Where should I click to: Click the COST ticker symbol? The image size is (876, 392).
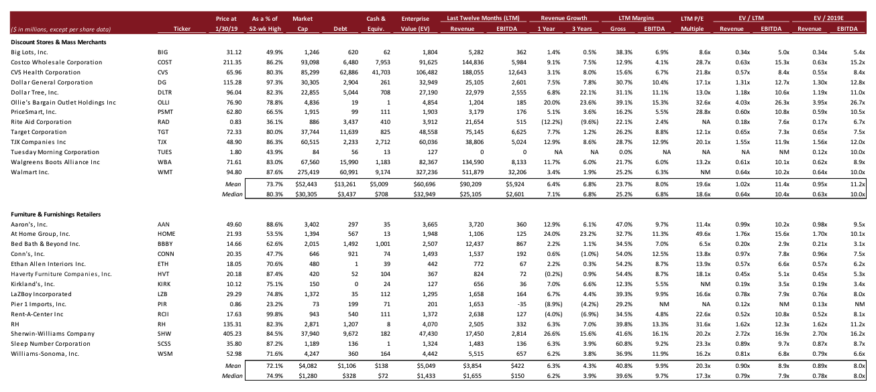(x=163, y=62)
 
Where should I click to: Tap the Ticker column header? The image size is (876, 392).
(x=182, y=29)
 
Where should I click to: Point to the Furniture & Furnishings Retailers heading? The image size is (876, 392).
(x=56, y=214)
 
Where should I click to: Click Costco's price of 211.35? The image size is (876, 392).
(x=227, y=62)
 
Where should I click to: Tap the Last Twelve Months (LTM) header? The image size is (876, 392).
(x=488, y=18)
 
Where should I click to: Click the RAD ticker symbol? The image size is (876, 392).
(x=162, y=122)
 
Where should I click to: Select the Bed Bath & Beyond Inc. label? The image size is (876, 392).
(x=45, y=244)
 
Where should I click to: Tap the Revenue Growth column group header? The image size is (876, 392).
(x=563, y=18)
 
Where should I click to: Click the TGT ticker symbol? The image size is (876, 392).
(x=162, y=132)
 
